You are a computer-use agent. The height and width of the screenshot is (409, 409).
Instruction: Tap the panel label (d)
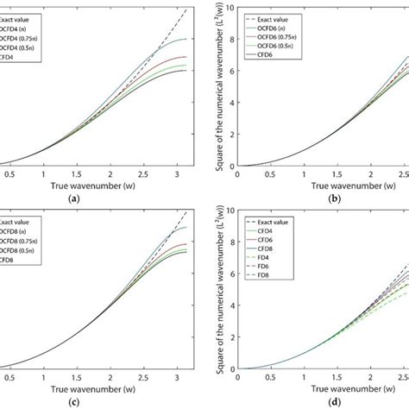click(315, 403)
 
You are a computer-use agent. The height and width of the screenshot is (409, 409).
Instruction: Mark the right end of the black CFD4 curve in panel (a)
click(186, 71)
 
